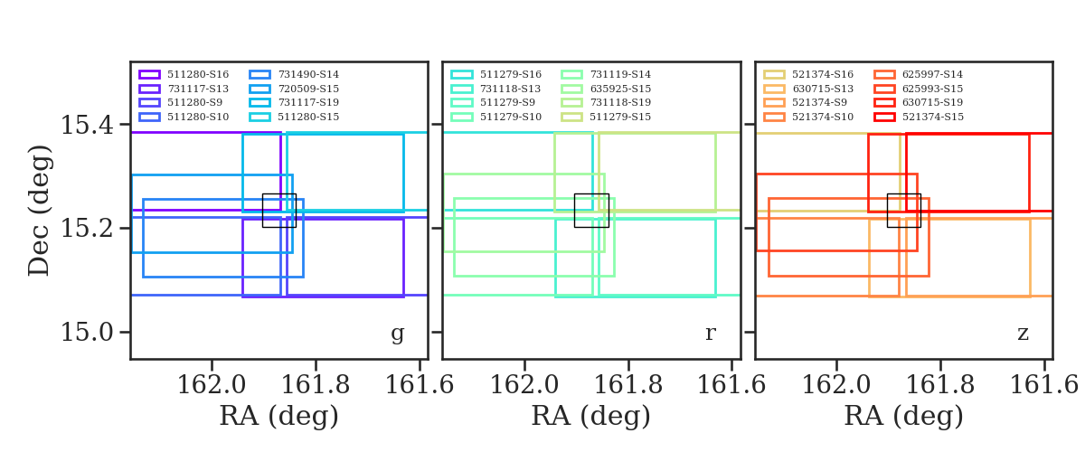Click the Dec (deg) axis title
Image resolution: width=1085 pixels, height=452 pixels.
40,210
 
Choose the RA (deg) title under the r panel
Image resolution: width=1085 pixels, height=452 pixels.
590,417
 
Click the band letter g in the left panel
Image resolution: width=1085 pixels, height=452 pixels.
397,334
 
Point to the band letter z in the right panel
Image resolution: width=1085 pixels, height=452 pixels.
1023,334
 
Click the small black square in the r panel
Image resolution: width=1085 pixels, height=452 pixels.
591,210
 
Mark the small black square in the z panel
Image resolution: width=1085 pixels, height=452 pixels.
903,210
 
